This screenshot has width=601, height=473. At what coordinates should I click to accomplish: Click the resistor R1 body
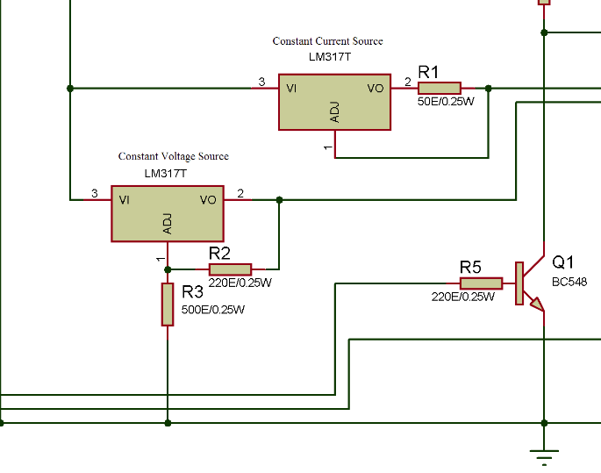point(440,88)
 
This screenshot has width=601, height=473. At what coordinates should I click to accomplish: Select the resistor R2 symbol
point(230,269)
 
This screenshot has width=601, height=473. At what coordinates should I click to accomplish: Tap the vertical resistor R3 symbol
point(168,304)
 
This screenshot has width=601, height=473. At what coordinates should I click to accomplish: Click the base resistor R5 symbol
point(481,283)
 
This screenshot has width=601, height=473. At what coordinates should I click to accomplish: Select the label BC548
point(569,282)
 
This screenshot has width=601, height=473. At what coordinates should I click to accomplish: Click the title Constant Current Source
point(327,41)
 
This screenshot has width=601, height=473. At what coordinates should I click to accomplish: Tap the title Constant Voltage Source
point(173,156)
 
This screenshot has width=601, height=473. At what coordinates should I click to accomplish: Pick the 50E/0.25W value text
point(446,102)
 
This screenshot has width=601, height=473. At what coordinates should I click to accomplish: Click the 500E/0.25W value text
point(213,310)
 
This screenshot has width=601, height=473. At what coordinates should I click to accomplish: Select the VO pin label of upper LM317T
point(375,88)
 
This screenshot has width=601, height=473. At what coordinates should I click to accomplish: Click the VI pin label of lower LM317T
point(125,199)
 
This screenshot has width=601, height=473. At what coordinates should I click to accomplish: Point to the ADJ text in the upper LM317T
point(334,112)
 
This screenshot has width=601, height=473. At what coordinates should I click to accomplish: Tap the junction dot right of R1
point(489,88)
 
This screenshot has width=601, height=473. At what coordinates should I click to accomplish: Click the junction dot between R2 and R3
point(168,269)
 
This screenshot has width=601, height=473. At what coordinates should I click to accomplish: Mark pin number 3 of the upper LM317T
point(261,82)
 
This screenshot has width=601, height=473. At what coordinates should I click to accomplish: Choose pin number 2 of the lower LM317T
point(240,193)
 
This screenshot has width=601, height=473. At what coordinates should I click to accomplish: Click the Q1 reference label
point(562,262)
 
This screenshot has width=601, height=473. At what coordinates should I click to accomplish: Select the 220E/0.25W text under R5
point(462,297)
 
